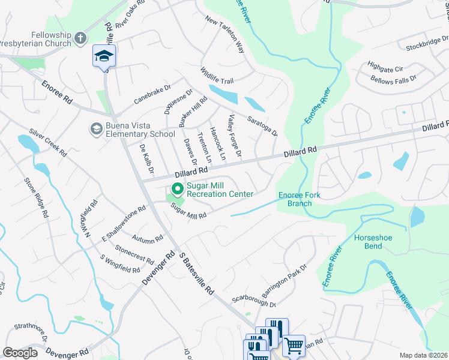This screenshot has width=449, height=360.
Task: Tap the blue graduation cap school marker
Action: (104, 56)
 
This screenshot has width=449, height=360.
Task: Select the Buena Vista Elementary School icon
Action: (95, 128)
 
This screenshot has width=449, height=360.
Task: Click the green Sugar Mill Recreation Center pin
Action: (178, 189)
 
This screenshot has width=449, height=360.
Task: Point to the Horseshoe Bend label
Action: (373, 242)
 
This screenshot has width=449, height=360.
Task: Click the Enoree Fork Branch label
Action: (295, 199)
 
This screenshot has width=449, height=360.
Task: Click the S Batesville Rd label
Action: (196, 272)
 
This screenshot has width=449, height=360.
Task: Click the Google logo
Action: (20, 353)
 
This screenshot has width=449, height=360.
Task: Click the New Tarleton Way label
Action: (225, 34)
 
